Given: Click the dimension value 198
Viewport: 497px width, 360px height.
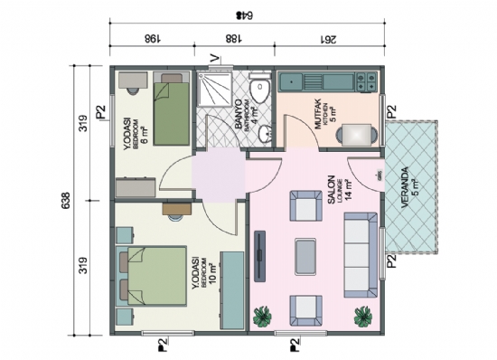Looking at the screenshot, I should (x=152, y=38).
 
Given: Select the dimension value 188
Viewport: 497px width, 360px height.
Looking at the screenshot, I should (x=233, y=38).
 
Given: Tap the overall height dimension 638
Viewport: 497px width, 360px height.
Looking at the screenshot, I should (x=65, y=201).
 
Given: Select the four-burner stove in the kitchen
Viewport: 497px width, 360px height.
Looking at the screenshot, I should (x=366, y=81).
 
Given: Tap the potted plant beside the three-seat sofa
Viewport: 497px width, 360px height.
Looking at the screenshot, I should (x=362, y=316).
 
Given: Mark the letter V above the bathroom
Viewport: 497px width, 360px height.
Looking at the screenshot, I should (x=213, y=60).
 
